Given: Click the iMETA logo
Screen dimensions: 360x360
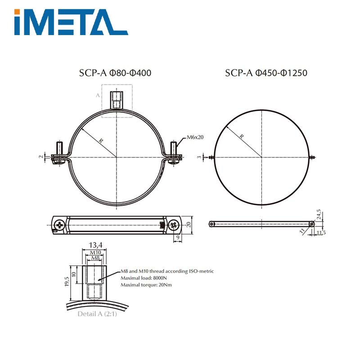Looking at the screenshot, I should [x=71, y=22].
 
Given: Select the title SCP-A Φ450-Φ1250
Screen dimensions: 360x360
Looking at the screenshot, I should [x=266, y=73].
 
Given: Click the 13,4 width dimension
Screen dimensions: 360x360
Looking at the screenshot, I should [x=94, y=245].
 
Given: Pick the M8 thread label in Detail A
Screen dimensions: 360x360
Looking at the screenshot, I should [x=94, y=258].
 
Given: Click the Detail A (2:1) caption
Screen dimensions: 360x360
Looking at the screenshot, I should [x=97, y=314].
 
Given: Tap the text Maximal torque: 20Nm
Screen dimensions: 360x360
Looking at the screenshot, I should [x=146, y=285].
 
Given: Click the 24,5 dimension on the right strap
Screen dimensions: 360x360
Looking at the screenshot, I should [x=319, y=214].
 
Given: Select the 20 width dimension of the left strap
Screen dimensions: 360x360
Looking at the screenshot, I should [x=189, y=224].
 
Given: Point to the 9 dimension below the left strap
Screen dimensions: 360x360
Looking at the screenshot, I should [x=179, y=237].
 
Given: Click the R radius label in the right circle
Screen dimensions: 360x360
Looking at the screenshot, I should [x=242, y=136].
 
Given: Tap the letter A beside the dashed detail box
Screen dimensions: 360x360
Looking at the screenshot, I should [x=97, y=95].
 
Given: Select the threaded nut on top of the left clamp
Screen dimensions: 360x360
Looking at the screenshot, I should [x=117, y=100].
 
